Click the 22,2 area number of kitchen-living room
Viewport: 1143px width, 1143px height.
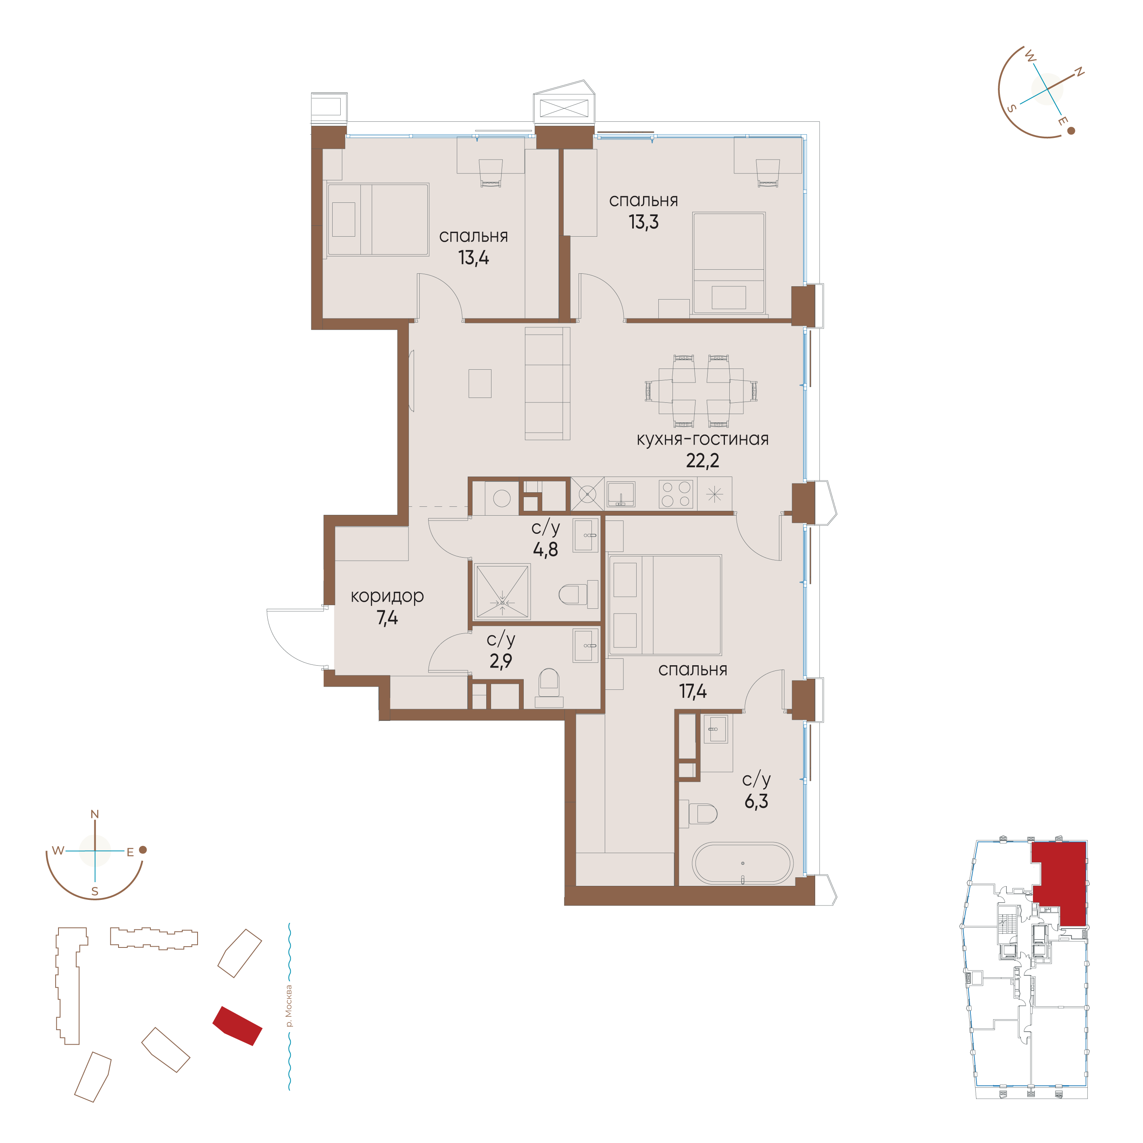[702, 461]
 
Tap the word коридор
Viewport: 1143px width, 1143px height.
[387, 596]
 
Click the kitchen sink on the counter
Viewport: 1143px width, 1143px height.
[620, 494]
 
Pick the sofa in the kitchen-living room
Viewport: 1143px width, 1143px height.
[547, 383]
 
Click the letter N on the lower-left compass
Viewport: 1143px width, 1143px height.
[95, 814]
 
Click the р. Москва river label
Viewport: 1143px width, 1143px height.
[288, 1006]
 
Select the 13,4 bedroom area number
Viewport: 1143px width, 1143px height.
[473, 258]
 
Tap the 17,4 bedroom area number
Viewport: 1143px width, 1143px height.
[693, 691]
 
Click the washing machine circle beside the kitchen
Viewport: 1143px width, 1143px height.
[502, 498]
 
